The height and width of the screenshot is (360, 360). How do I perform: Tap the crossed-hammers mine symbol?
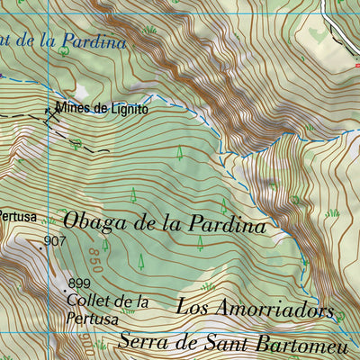click(x=51, y=112)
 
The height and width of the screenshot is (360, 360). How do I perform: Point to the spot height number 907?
click(x=55, y=241)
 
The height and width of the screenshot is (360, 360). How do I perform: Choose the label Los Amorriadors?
click(x=255, y=307)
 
